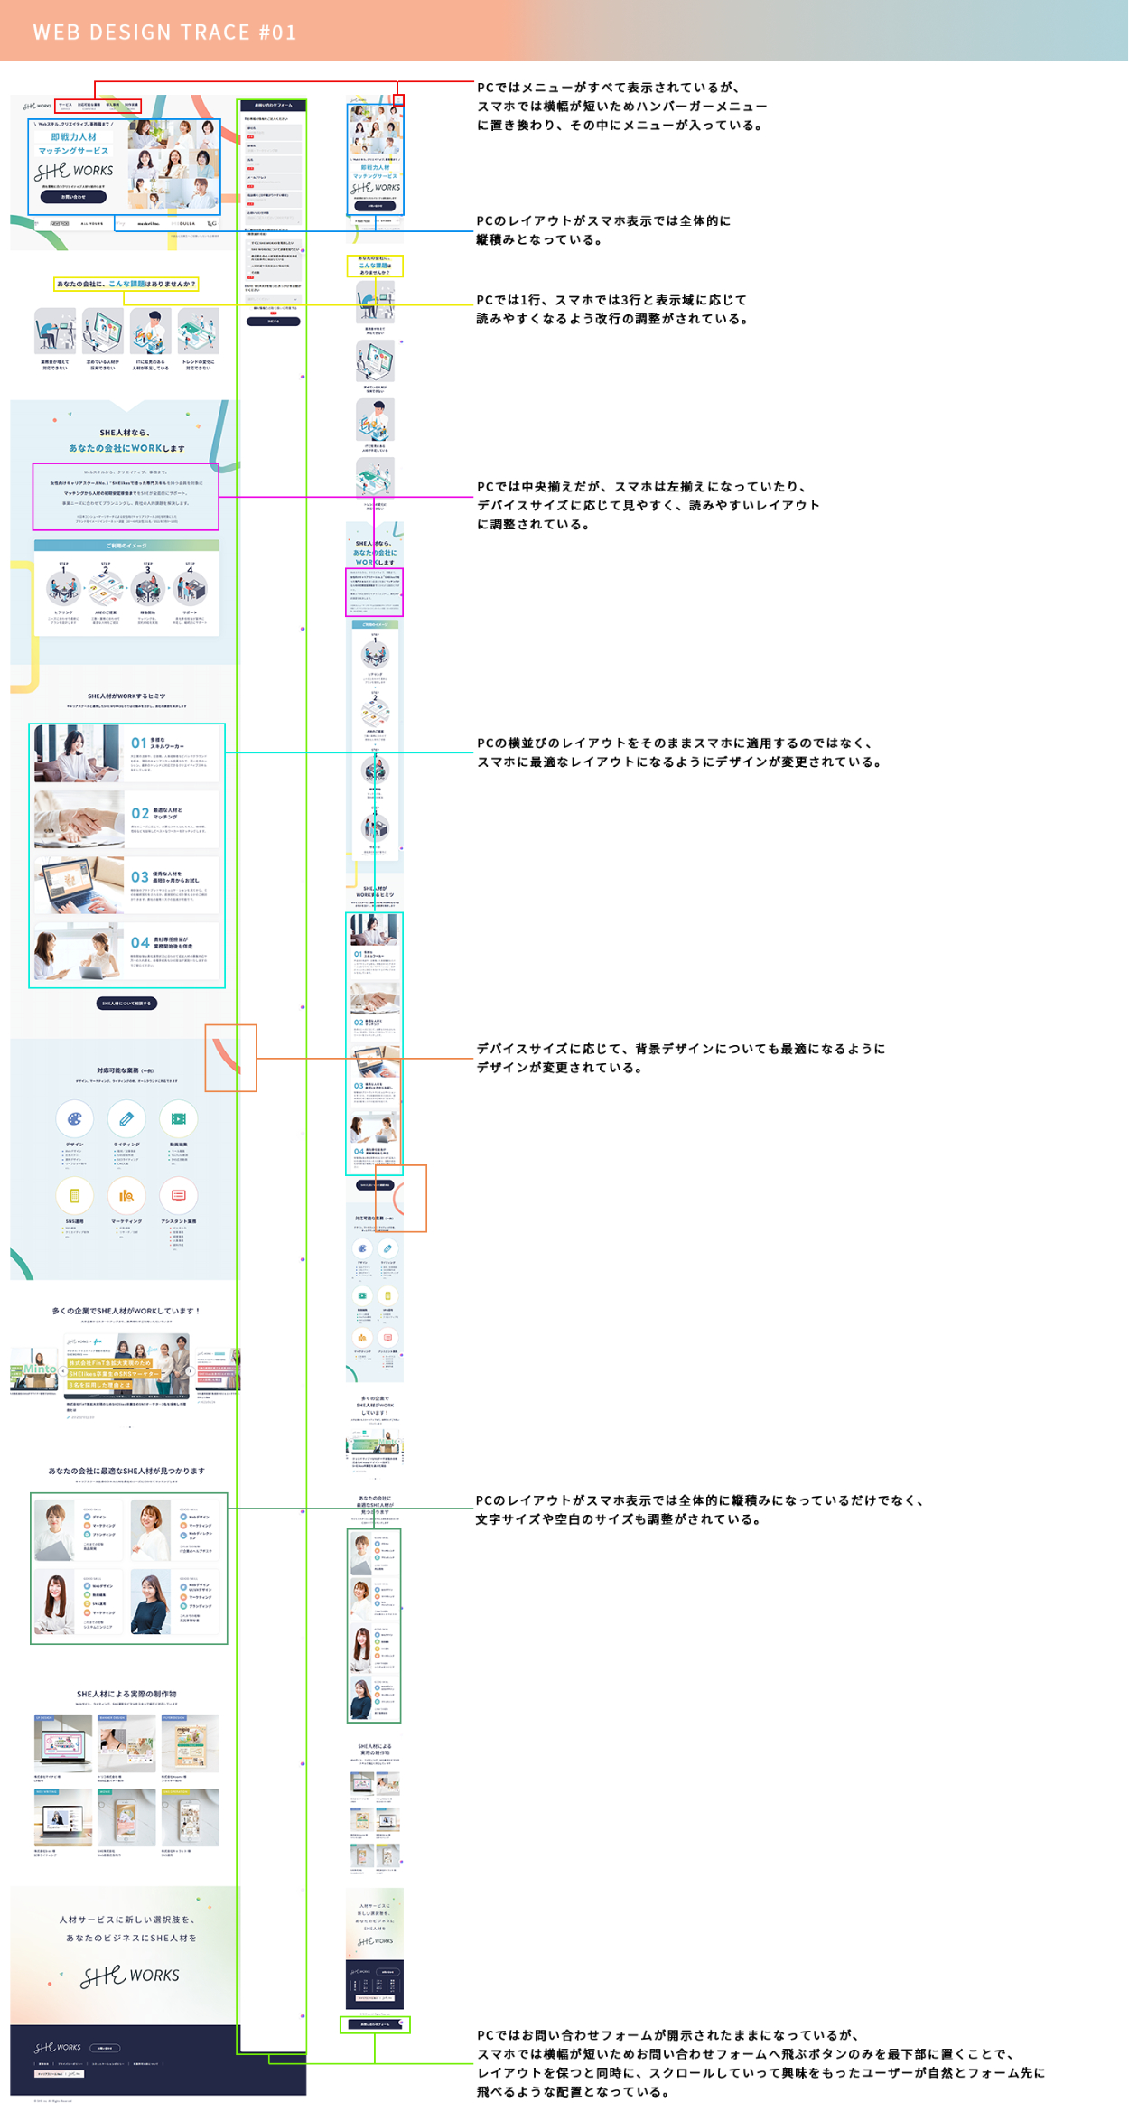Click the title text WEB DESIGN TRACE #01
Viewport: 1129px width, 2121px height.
[164, 33]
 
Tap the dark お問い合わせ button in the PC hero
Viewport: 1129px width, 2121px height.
[73, 196]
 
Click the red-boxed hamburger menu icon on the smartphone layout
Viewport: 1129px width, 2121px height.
[398, 100]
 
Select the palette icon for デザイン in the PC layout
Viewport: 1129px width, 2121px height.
[75, 1118]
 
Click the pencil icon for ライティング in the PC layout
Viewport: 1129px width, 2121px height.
[126, 1118]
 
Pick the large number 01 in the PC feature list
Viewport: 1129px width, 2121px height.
[138, 743]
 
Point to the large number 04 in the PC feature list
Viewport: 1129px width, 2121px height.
[139, 942]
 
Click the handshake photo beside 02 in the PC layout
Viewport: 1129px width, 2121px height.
[79, 820]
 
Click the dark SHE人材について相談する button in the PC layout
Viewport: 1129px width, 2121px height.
[126, 1003]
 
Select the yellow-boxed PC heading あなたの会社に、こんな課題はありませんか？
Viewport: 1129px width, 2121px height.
[126, 284]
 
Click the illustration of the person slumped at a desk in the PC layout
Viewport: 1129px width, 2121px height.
[54, 332]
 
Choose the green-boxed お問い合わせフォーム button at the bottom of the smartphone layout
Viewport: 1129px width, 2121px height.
[375, 2024]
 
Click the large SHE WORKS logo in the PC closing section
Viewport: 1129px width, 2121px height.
[130, 1976]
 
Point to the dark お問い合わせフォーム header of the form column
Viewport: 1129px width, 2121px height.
[273, 106]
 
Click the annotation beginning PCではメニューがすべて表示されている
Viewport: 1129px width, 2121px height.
[621, 106]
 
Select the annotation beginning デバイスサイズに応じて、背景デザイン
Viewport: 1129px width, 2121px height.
[680, 1058]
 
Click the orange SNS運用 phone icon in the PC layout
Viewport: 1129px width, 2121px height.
[75, 1196]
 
